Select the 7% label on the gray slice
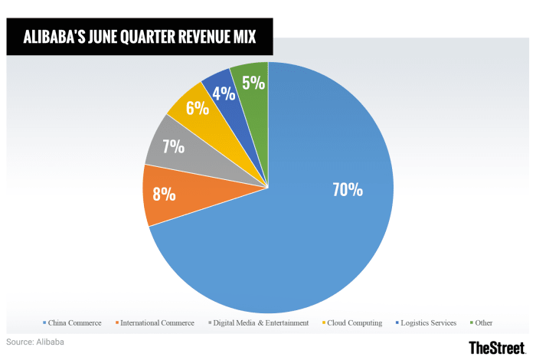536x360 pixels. click(x=174, y=146)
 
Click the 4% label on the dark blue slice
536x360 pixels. click(x=224, y=93)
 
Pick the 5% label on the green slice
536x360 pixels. click(x=253, y=82)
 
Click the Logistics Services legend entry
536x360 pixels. click(x=429, y=323)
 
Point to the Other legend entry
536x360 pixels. click(x=483, y=323)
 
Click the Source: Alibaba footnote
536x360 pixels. click(x=35, y=342)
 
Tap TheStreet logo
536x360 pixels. click(x=497, y=348)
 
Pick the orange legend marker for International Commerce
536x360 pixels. click(x=117, y=323)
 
